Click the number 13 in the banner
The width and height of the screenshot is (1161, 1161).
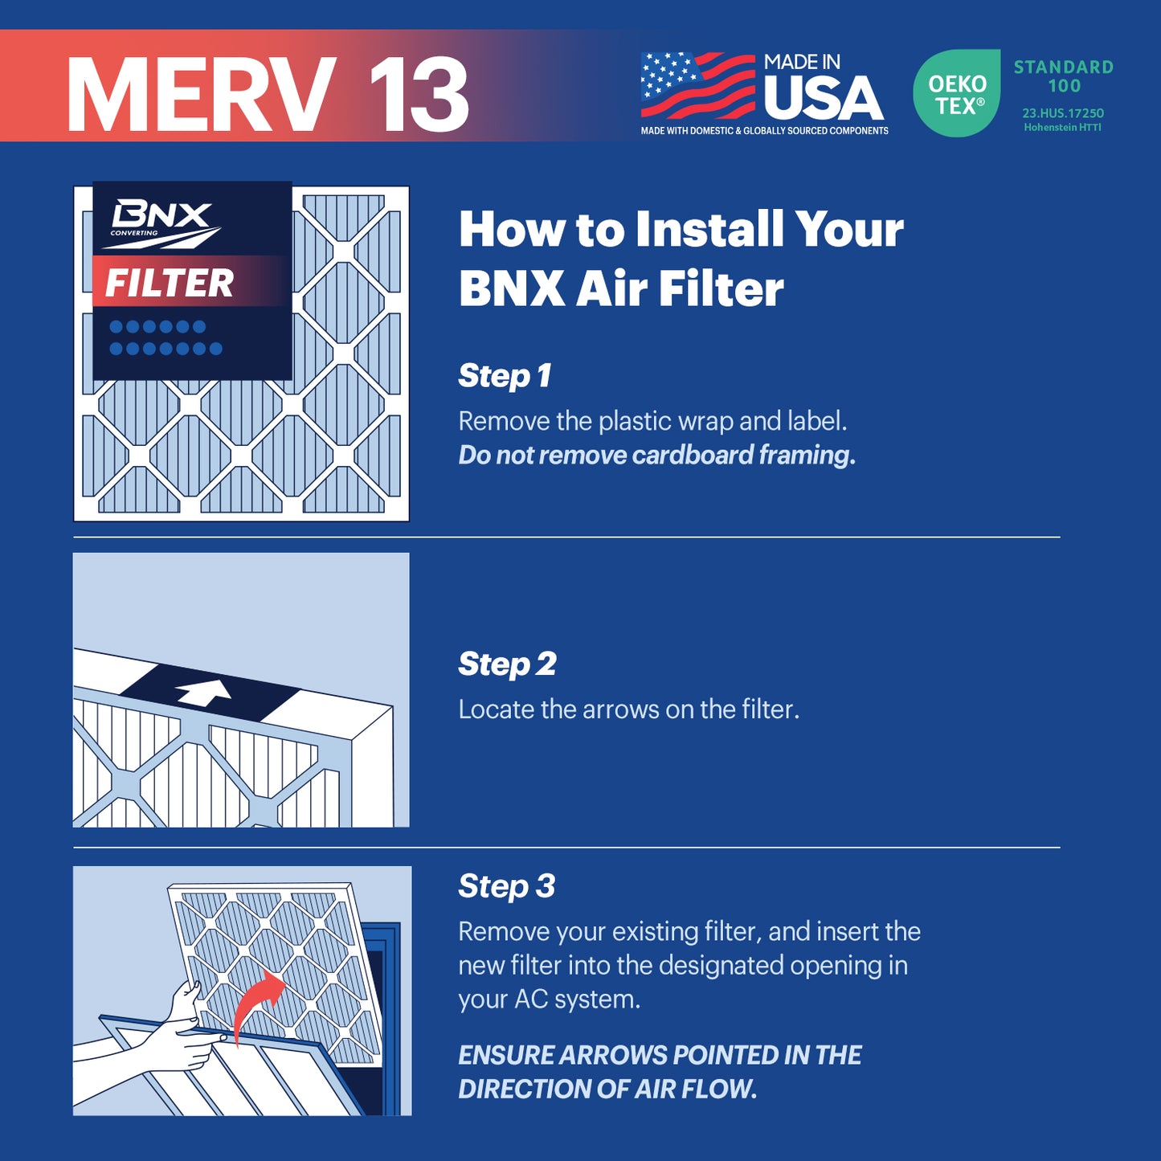[419, 95]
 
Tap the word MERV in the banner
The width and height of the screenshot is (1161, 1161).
[201, 95]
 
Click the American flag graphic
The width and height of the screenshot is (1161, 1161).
[697, 85]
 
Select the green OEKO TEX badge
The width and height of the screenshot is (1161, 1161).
[956, 93]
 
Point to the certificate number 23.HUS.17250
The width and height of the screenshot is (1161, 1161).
[1062, 113]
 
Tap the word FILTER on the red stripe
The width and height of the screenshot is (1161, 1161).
[170, 283]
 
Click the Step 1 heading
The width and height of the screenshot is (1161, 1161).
[505, 375]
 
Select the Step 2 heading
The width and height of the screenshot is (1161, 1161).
[507, 664]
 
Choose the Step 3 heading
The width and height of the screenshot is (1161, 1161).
[506, 885]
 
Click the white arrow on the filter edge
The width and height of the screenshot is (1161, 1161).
[204, 692]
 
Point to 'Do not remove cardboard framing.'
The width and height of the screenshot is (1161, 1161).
[656, 455]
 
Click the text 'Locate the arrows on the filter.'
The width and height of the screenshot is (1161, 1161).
[628, 709]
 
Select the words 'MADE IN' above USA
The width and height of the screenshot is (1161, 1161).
[801, 62]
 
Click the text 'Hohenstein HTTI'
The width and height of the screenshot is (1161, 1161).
[1062, 128]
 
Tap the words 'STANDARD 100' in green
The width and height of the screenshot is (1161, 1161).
[1063, 76]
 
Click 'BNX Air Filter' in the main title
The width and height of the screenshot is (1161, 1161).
[620, 288]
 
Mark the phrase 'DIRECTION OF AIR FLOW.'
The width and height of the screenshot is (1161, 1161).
[607, 1089]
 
